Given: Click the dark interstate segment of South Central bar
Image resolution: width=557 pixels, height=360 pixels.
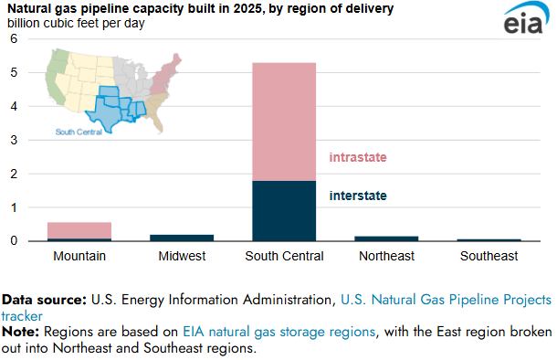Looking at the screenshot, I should coord(284,210).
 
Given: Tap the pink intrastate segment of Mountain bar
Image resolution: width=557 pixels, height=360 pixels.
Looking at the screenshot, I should coord(79,230).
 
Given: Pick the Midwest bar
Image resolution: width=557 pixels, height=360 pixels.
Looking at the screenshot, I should coord(182,238).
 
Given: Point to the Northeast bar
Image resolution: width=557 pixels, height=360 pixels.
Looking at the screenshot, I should coord(386,238).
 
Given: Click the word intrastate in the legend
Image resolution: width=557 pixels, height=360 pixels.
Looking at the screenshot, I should coord(358,157).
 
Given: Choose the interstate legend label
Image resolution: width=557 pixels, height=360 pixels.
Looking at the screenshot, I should coord(358,196).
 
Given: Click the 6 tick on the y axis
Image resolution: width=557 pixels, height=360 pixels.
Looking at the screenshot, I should coord(13,39).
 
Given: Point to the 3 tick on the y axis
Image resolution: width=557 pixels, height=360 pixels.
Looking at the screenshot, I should coord(13,140).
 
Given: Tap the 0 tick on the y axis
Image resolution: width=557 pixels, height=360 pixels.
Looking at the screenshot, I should coord(13,241).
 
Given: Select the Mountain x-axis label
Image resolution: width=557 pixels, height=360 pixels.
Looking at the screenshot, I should coord(79,256).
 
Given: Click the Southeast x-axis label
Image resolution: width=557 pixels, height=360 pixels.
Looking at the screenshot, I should coord(488,256).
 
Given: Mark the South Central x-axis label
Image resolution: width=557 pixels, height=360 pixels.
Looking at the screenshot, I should coord(284,256).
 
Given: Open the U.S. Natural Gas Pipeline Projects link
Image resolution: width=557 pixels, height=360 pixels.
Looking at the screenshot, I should coord(446,300).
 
